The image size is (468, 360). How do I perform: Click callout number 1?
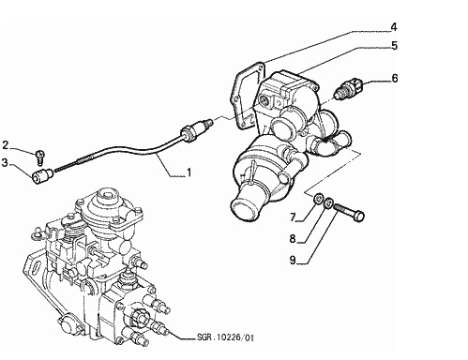pos(189,172)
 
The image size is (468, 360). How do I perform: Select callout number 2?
pos(5,145)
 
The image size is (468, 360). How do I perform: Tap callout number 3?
pos(5,162)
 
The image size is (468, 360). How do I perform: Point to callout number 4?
pos(394,27)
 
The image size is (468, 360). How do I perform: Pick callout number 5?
pos(394,46)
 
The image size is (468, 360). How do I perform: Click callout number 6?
pos(395,78)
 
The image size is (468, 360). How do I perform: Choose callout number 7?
pos(293,217)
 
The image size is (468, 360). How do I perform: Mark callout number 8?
pos(293,239)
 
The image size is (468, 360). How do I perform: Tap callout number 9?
pos(293,260)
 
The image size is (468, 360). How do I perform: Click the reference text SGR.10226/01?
pos(225,337)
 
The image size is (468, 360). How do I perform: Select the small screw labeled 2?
pos(40,157)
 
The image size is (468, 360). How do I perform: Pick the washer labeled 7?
pos(318,199)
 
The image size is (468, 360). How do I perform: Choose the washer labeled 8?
pos(328,203)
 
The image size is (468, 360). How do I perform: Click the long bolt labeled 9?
pos(349,211)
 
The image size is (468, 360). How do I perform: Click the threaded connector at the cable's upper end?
pos(196,128)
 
